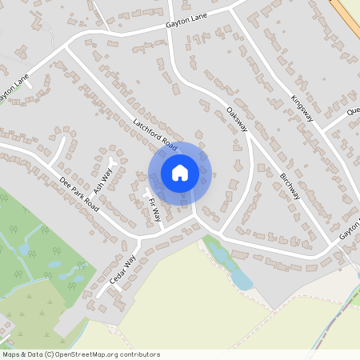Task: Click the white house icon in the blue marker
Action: pyautogui.click(x=180, y=173)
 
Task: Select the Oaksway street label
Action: pyautogui.click(x=238, y=119)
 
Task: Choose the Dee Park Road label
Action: pyautogui.click(x=79, y=194)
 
